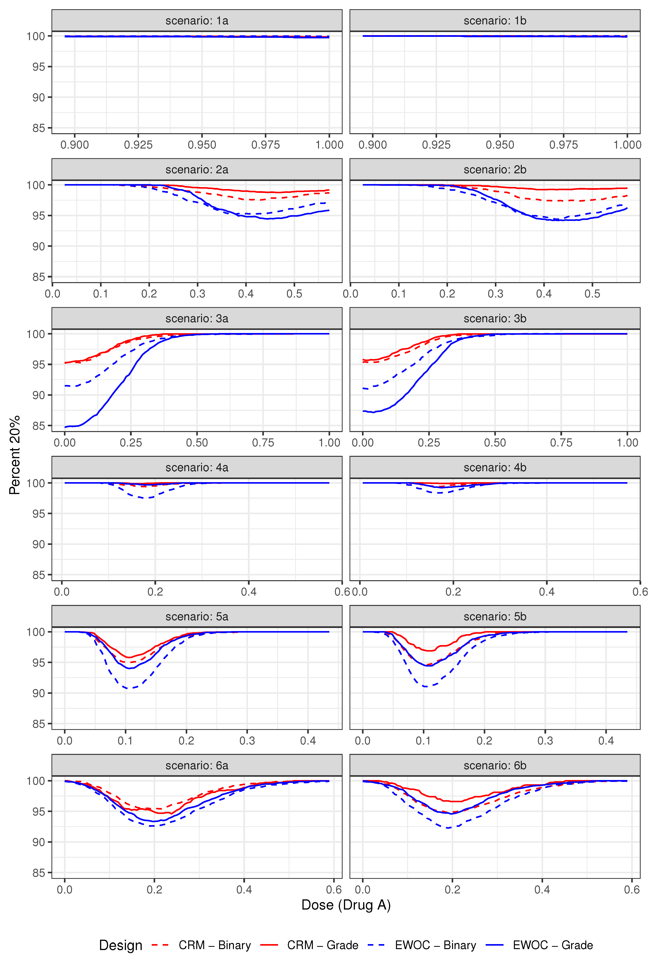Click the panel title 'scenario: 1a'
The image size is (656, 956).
point(197,21)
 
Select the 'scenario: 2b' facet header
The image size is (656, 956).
point(495,169)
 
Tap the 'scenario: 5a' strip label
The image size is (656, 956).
point(197,616)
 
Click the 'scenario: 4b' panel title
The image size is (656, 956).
point(495,467)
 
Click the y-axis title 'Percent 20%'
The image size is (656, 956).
point(15,454)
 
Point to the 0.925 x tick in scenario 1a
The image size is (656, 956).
point(138,145)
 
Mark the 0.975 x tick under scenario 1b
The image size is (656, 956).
point(563,145)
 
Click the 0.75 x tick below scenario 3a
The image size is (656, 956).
point(263,443)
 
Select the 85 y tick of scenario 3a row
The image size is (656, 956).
point(39,426)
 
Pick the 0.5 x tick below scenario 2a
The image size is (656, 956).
point(294,294)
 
